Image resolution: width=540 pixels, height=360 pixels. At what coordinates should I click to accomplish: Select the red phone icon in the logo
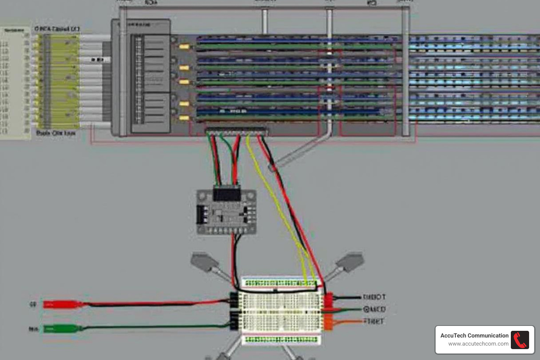click(520, 340)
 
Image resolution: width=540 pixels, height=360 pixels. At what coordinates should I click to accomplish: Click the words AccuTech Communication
click(474, 336)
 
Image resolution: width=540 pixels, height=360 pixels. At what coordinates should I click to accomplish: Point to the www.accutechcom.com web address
click(478, 344)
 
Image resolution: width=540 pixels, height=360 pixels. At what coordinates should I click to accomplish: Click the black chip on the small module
click(227, 194)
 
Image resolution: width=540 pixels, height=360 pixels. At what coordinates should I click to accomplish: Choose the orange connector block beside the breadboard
click(328, 322)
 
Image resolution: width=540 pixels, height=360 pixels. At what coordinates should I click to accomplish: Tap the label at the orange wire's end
click(374, 321)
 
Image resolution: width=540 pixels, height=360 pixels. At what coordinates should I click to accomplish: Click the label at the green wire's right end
click(374, 309)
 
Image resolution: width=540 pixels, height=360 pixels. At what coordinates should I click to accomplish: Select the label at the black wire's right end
click(374, 297)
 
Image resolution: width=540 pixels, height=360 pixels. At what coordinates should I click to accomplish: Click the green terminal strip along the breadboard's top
click(281, 283)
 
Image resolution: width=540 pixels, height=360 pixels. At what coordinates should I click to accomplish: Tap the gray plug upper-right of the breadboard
click(350, 261)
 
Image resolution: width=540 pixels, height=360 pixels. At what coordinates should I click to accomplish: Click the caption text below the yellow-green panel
click(56, 133)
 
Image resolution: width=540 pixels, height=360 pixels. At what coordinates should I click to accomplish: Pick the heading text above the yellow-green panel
click(57, 29)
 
